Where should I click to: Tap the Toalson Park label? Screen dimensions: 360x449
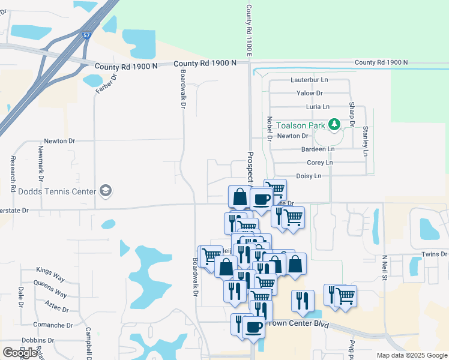(x=300, y=125)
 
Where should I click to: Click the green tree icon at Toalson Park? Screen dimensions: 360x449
(x=335, y=125)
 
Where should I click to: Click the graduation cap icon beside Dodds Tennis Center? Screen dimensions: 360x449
(x=106, y=191)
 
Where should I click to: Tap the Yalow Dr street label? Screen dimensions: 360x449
(x=310, y=93)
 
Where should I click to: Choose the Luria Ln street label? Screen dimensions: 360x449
(x=318, y=107)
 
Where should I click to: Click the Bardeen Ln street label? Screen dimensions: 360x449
(x=318, y=149)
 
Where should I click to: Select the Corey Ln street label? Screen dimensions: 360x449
(x=319, y=163)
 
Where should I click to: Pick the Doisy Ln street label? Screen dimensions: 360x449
(x=309, y=176)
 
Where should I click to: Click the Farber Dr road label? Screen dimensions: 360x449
(x=103, y=83)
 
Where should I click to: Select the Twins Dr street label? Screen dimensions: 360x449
(x=435, y=254)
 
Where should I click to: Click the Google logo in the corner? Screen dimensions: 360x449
(x=20, y=352)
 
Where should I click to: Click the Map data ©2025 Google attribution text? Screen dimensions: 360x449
(x=412, y=355)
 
